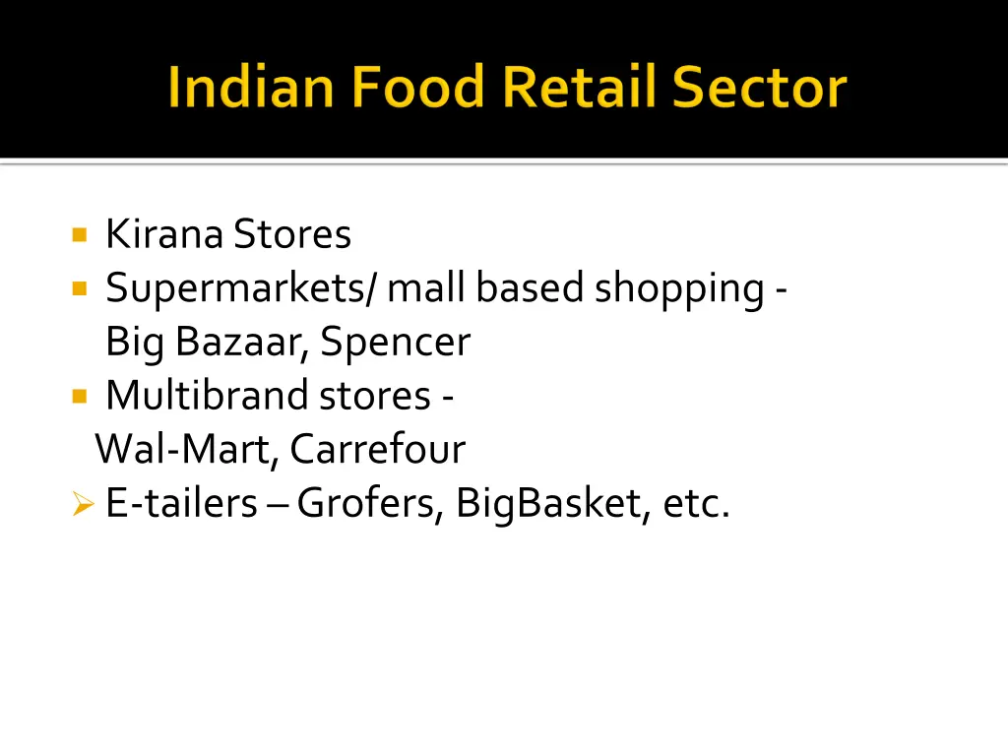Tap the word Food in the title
418,88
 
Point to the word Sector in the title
759,88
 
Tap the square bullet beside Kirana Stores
80,235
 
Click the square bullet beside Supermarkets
80,289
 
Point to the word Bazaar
243,343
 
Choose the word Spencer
396,343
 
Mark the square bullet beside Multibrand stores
80,397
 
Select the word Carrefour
377,450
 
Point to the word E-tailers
181,504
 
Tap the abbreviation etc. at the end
697,504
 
